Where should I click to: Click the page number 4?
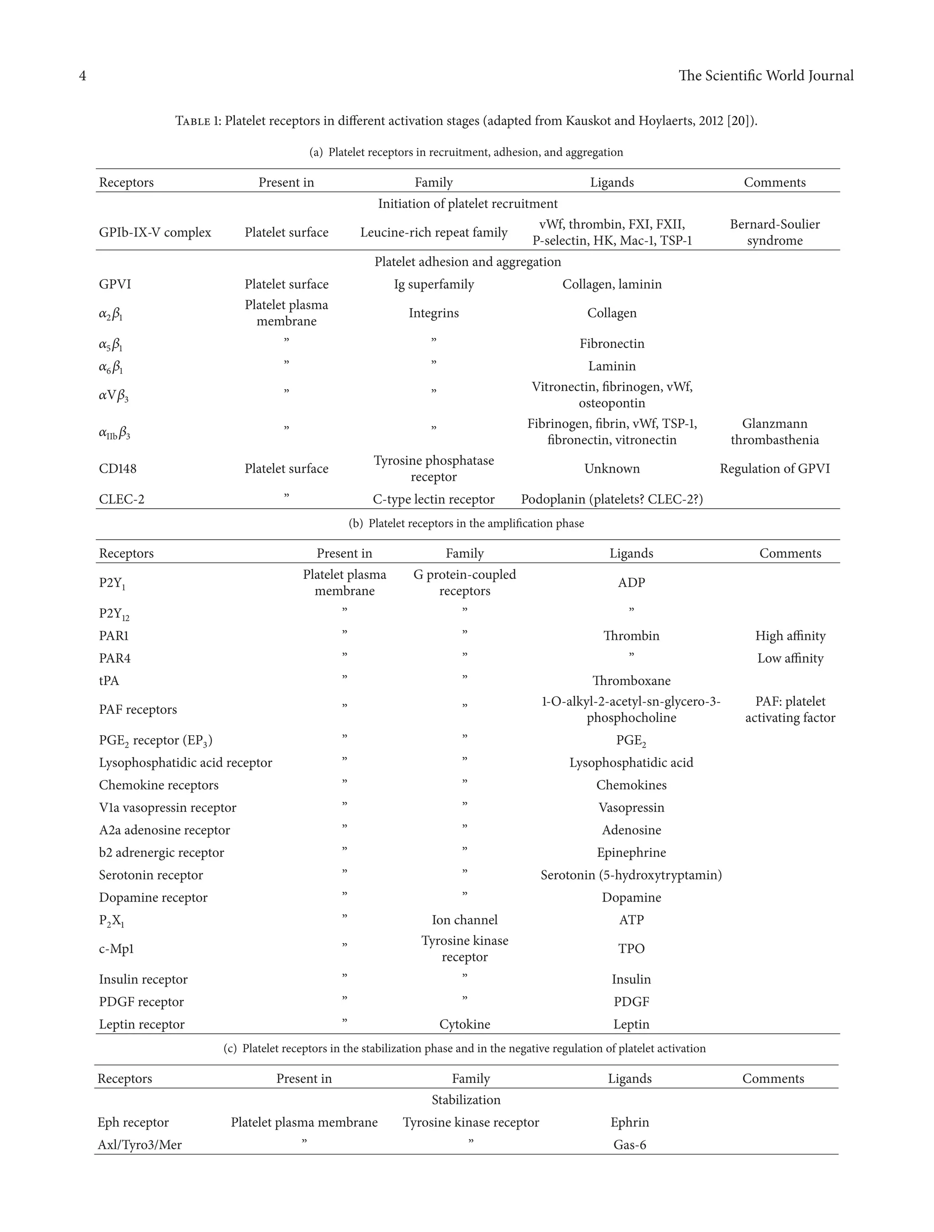tap(83, 76)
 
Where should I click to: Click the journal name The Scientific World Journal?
tap(766, 76)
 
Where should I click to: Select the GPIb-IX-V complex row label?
tap(155, 232)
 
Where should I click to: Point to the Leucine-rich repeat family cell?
tap(434, 232)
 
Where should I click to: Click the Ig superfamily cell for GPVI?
tap(434, 284)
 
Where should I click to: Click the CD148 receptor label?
tap(118, 469)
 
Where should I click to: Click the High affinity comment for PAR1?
tap(790, 635)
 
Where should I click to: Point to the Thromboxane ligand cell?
tap(631, 680)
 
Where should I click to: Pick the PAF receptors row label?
tap(138, 710)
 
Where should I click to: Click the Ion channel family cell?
tap(464, 920)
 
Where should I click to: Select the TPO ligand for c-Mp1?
tap(631, 949)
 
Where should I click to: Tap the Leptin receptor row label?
tap(141, 1024)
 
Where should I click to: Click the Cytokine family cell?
tap(464, 1024)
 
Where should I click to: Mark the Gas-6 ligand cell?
tap(629, 1145)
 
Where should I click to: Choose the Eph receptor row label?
tap(133, 1122)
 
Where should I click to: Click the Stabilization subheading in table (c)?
tap(466, 1100)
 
